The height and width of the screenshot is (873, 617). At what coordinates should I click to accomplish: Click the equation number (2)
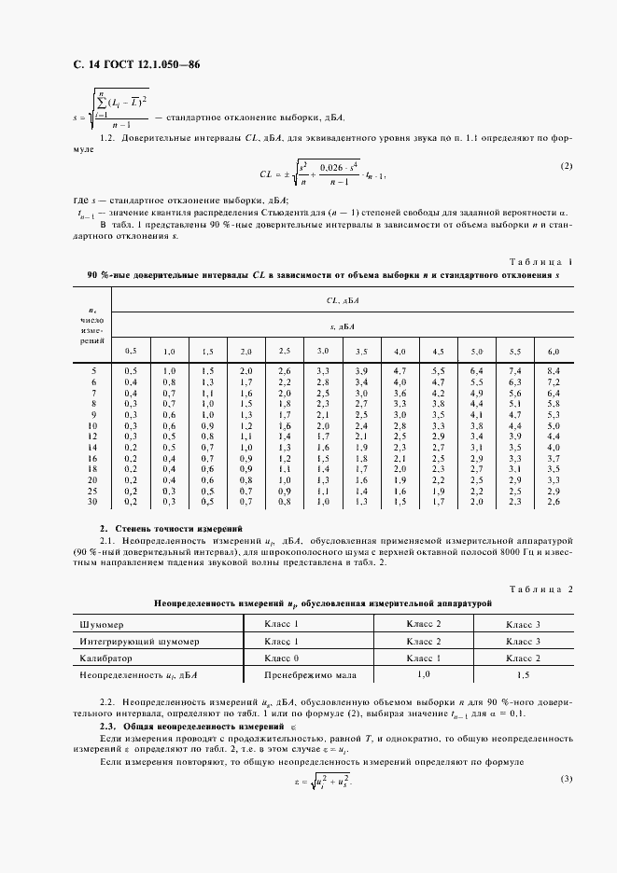[x=566, y=166]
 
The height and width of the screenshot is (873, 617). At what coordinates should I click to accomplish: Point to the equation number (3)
[x=566, y=779]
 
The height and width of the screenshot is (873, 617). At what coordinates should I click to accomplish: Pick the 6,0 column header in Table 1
[x=553, y=351]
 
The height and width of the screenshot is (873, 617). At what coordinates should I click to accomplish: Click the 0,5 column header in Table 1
[x=131, y=351]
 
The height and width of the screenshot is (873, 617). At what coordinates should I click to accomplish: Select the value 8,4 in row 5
[x=553, y=371]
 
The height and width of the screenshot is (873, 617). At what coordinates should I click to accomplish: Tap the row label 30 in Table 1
[x=92, y=502]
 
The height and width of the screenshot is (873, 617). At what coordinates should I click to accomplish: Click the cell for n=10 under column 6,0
[x=553, y=425]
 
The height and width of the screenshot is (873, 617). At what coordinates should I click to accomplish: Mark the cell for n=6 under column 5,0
[x=476, y=382]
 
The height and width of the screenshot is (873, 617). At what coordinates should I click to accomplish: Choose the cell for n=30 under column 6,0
[x=553, y=502]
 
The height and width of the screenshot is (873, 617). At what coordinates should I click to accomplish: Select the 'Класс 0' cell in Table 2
[x=281, y=658]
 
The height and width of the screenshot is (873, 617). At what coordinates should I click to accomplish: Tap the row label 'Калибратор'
[x=105, y=658]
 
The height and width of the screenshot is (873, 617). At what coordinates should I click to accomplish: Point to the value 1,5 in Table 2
[x=523, y=674]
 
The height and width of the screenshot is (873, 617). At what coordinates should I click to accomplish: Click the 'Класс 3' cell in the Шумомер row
[x=523, y=624]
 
